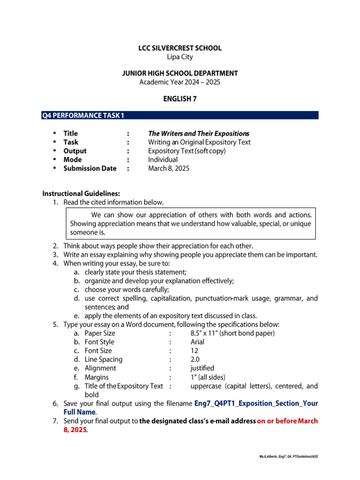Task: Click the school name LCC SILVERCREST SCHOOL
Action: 180,48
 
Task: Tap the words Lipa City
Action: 180,57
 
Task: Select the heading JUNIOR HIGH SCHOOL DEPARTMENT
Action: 180,73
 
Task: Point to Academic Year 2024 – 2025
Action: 180,82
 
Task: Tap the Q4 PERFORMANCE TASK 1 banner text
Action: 83,115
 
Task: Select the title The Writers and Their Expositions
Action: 199,133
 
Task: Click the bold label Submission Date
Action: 90,168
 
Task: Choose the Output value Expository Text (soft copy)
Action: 187,151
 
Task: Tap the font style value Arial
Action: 197,342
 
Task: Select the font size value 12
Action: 195,351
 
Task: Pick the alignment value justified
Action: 202,368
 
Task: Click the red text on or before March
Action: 287,421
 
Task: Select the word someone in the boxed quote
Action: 78,232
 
